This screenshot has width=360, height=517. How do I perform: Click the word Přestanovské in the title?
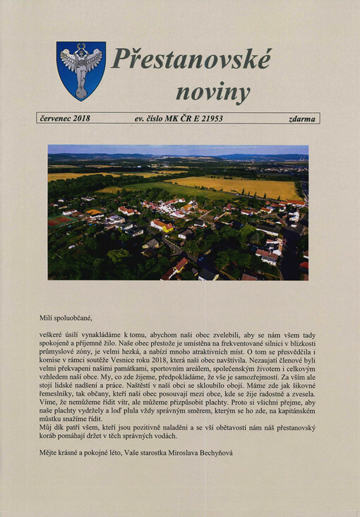pos(191,59)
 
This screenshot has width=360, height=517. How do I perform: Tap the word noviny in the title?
pos(212,92)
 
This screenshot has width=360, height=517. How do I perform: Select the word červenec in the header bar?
pos(54,119)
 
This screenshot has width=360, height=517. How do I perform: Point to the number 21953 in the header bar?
pos(209,119)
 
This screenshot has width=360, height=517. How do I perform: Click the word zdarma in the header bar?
pos(302,119)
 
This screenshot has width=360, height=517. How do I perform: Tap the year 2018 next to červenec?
pos(81,119)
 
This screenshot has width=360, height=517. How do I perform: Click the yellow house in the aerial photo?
pos(162,225)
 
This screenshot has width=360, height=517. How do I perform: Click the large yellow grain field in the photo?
pos(240,187)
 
